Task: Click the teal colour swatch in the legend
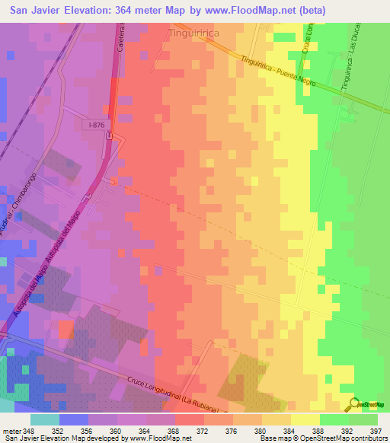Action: click(44, 419)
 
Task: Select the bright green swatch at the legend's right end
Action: click(363, 419)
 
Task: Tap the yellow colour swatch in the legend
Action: click(305, 419)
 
